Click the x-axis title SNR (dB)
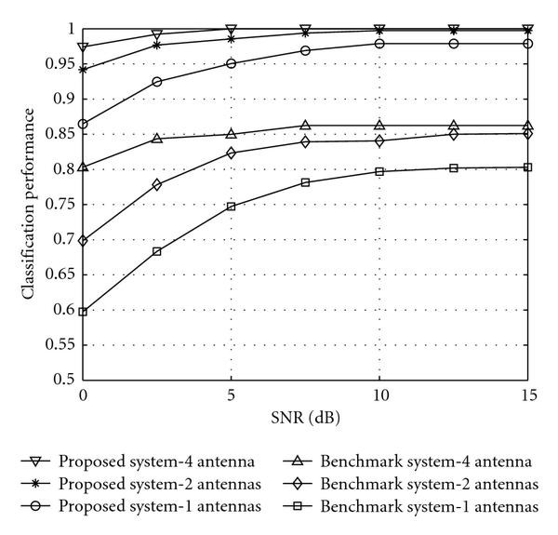click(x=306, y=417)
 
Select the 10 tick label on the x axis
click(x=379, y=396)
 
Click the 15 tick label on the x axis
click(x=527, y=396)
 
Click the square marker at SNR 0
click(x=84, y=312)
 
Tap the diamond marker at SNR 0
click(x=84, y=240)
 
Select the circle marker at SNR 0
click(x=84, y=124)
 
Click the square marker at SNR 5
click(x=232, y=207)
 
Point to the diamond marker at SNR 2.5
click(x=157, y=184)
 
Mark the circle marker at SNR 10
click(x=379, y=44)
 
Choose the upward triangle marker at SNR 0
click(x=84, y=167)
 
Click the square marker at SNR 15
click(x=527, y=167)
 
